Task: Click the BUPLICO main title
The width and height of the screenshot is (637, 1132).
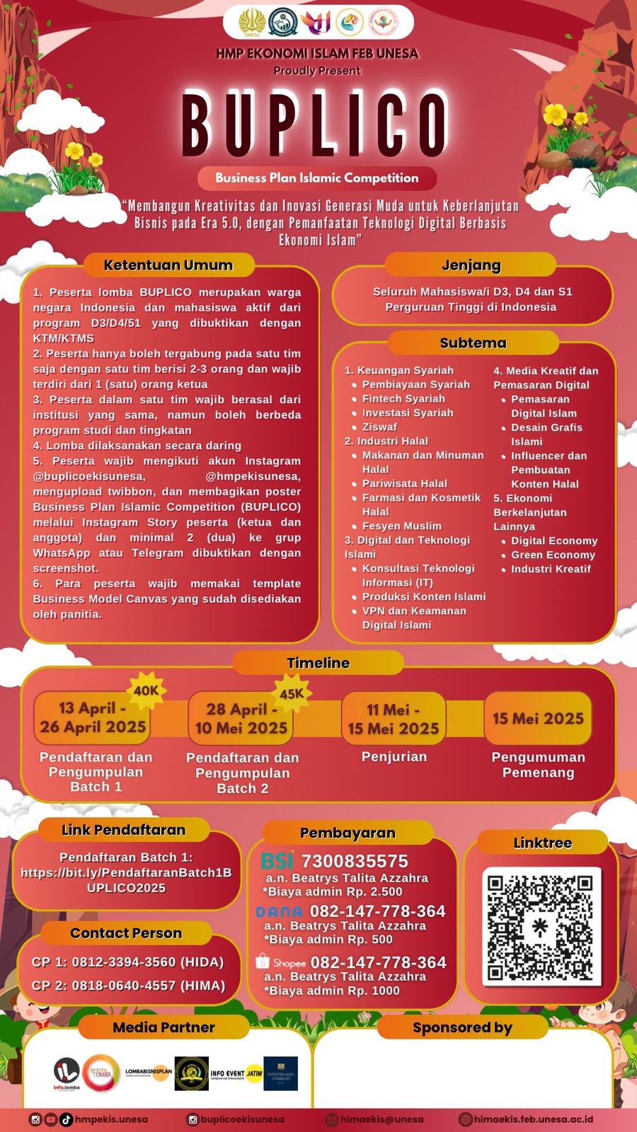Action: (x=316, y=125)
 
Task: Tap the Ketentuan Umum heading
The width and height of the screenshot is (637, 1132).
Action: (x=168, y=265)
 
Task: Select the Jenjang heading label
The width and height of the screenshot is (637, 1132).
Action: (x=471, y=265)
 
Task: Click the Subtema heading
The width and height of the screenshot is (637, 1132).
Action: (x=473, y=343)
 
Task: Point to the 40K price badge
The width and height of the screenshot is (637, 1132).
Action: (x=146, y=691)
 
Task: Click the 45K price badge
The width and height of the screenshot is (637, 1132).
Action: (x=292, y=694)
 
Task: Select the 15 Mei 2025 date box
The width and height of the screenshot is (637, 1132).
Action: (x=538, y=719)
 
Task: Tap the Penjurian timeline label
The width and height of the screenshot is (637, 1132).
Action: (x=394, y=756)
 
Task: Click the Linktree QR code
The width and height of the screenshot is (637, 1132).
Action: (x=541, y=926)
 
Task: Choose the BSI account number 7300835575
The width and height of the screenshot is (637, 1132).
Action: (x=355, y=861)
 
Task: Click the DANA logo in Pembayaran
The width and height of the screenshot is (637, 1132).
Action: (x=279, y=912)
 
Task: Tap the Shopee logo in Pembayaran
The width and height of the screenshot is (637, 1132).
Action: (x=280, y=963)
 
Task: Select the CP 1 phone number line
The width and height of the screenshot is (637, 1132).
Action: (x=127, y=962)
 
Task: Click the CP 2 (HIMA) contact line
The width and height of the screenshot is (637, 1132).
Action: (x=127, y=986)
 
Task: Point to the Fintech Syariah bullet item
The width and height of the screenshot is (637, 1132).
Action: (x=403, y=399)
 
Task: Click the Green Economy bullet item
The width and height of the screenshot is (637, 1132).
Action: (x=553, y=555)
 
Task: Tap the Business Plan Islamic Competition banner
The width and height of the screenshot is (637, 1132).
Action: (x=316, y=178)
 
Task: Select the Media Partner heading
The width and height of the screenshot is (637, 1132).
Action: (x=163, y=1027)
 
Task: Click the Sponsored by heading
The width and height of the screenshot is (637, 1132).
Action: (x=462, y=1027)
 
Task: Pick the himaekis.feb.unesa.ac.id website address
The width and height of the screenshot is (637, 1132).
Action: (x=533, y=1119)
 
